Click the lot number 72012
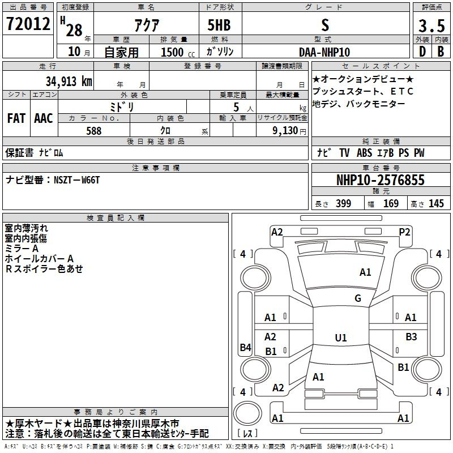point(28,24)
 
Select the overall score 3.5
point(431,26)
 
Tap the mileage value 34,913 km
point(69,81)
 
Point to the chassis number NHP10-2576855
point(381,180)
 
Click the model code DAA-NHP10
point(324,52)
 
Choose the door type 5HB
point(219,25)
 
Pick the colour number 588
point(94,131)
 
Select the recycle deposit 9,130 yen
point(289,131)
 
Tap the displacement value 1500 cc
point(178,52)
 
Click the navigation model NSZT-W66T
point(76,180)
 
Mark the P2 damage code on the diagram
point(404,232)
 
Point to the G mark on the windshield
point(358,298)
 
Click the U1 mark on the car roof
point(341,337)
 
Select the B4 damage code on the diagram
point(246,347)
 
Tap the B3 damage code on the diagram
point(411,336)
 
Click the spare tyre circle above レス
point(247,413)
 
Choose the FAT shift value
point(16,118)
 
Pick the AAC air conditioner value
point(44,118)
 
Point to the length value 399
point(343,203)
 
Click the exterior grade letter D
point(422,52)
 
